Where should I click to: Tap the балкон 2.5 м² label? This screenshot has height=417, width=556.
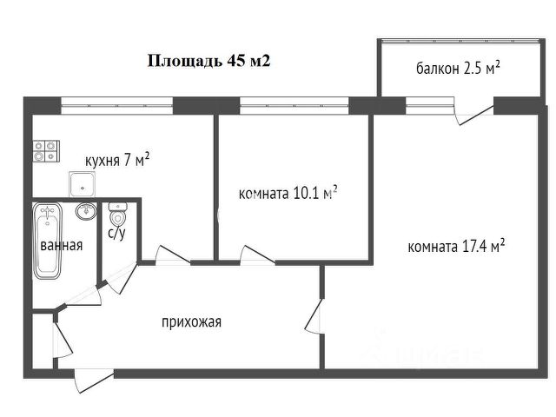(x=458, y=68)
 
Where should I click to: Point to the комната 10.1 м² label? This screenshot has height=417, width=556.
(x=288, y=194)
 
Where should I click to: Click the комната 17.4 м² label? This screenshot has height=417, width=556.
(x=456, y=247)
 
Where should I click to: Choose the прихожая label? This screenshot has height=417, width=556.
(x=192, y=322)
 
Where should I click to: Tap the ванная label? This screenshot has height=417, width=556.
(x=62, y=245)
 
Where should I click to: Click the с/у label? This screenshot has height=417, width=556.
(x=116, y=233)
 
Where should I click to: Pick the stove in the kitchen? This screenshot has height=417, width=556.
(x=46, y=151)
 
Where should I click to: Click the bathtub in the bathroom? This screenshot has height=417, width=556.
(x=47, y=241)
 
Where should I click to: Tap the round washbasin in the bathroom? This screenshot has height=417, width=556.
(x=84, y=212)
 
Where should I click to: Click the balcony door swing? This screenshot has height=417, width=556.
(x=472, y=114)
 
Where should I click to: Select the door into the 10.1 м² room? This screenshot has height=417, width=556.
(x=257, y=255)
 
